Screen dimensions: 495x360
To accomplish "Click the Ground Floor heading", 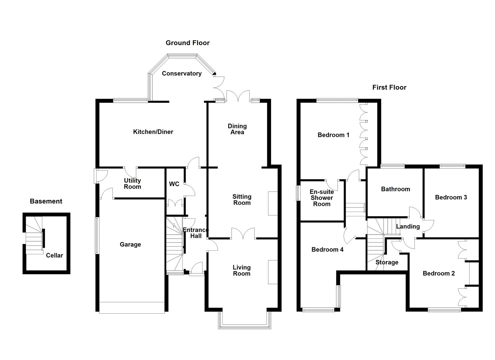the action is pos(187,43).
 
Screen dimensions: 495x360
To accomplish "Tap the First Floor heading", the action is pos(389,88).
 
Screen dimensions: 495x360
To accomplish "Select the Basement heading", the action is pos(46,201).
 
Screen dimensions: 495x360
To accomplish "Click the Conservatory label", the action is pos(182,74).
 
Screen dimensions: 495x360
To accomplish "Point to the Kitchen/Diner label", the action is pos(153,132).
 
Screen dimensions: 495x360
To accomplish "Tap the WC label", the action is pos(174,184).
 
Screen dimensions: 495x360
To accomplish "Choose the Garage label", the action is pos(130,244).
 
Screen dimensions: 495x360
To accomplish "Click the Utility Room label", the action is pos(132,184).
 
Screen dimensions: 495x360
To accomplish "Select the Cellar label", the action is pos(54,255).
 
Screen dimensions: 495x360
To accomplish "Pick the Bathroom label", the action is pos(395,189).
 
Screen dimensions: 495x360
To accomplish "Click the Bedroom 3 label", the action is pos(451,197).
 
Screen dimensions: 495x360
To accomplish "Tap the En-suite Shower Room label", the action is pos(322,198).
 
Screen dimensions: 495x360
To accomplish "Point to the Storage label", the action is pos(387,262).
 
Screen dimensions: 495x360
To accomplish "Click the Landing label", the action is pos(408,227).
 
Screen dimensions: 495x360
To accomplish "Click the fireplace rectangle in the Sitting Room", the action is pos(273,203).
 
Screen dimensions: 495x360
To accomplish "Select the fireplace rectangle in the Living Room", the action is pos(273,272).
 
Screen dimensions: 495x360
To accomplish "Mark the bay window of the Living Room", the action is pos(244,327).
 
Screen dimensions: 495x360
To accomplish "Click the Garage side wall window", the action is pos(97,235).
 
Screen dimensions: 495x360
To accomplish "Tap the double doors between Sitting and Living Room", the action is pos(243,234).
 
